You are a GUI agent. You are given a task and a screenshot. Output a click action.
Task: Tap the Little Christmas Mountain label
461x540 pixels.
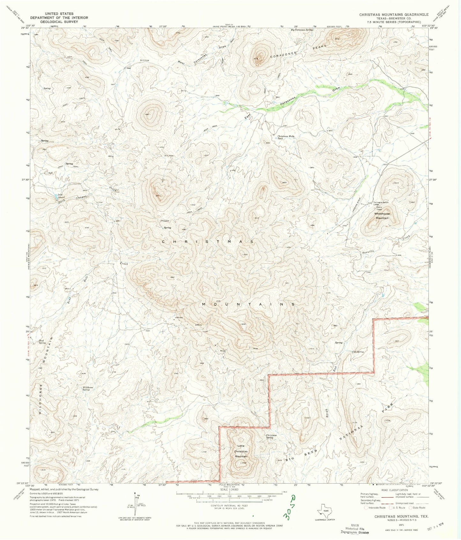(242, 451)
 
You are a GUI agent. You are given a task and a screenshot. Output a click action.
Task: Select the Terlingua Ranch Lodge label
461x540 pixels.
(382, 203)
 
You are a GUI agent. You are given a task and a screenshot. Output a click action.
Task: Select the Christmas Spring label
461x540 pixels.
(271, 436)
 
